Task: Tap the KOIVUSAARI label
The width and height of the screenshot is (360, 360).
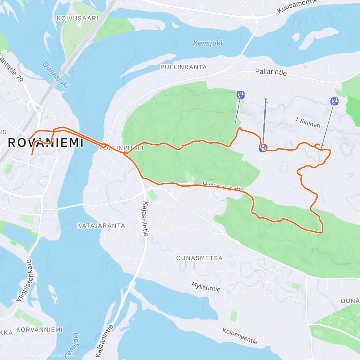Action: [x=77, y=18]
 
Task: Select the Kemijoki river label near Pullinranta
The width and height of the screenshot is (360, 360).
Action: [x=208, y=43]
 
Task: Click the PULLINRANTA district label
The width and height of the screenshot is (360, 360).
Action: [x=184, y=67]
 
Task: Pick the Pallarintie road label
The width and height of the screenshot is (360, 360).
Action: [x=271, y=72]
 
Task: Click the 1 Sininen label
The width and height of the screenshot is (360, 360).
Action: [x=307, y=122]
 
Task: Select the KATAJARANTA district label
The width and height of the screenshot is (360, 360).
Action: [x=101, y=226]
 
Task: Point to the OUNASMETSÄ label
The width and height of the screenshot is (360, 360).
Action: [x=199, y=258]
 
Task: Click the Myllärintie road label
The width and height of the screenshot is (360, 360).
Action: [x=206, y=287]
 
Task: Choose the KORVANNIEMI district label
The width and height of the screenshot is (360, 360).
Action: [x=39, y=330]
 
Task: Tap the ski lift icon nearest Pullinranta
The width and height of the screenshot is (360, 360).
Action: [x=240, y=95]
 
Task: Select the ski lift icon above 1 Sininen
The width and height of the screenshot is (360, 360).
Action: [x=334, y=101]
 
